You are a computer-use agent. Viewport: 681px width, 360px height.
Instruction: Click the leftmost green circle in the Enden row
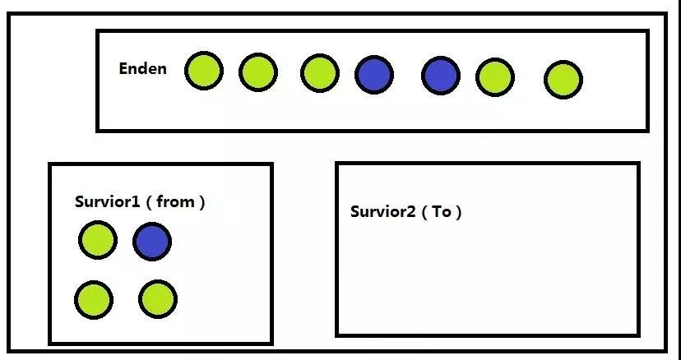(203, 71)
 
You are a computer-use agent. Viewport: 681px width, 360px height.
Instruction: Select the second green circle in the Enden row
(257, 72)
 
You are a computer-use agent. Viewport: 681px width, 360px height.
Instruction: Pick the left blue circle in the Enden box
(374, 74)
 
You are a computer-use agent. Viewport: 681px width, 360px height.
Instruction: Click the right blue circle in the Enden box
(441, 76)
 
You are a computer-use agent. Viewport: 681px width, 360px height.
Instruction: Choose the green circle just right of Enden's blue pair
(495, 77)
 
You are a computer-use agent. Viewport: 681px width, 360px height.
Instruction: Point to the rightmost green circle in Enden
(563, 80)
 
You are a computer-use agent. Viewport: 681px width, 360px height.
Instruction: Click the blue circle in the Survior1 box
(152, 242)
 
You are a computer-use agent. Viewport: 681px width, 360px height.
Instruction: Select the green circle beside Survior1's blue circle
(98, 240)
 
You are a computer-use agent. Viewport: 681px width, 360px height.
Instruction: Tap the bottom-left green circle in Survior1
(94, 299)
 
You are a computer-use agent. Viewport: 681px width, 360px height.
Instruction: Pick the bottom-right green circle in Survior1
(157, 298)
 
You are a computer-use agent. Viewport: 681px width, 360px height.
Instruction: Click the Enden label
(142, 68)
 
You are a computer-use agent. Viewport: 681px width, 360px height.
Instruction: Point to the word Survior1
(107, 201)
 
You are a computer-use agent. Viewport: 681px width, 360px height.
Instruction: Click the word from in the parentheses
(174, 201)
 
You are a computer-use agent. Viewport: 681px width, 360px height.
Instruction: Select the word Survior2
(383, 211)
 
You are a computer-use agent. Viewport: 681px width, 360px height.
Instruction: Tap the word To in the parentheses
(442, 211)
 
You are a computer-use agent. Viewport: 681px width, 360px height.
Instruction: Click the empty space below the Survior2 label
(487, 279)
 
